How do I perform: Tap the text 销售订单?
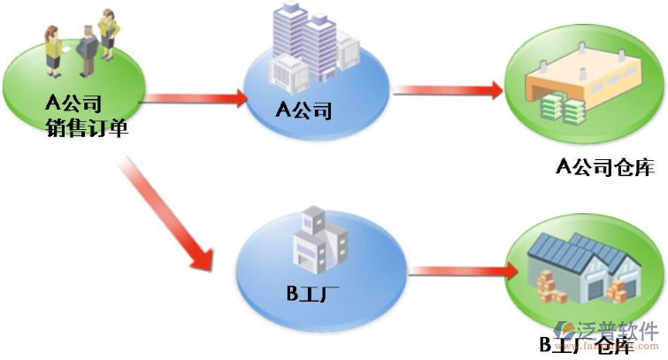point(88,129)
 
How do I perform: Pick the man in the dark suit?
point(88,50)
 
